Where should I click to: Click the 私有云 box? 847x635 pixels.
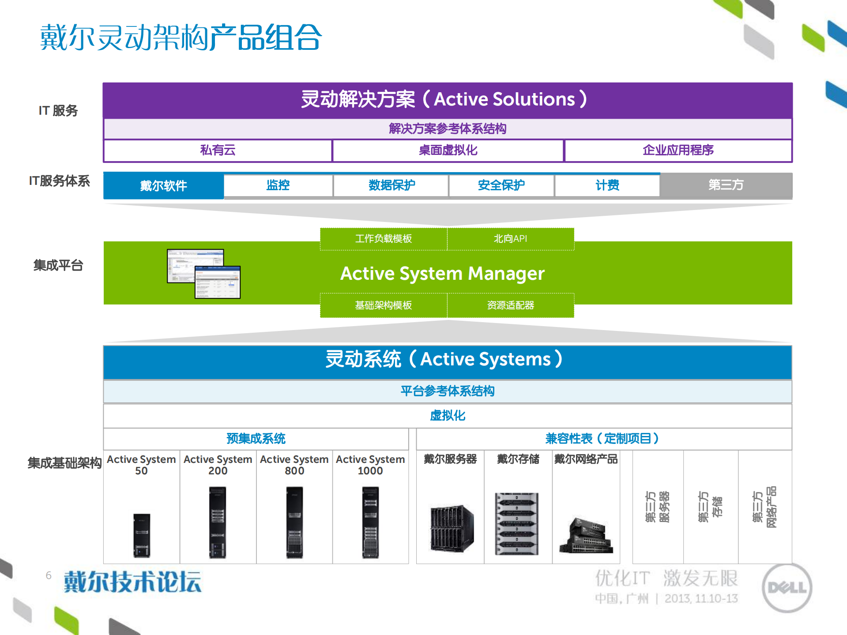tap(218, 150)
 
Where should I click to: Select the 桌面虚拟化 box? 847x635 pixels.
tap(448, 150)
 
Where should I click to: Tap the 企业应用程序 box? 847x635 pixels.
tap(678, 150)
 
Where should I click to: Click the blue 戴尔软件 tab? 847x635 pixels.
tap(163, 186)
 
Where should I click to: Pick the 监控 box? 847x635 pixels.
tap(278, 185)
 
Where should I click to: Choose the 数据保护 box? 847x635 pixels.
tap(391, 185)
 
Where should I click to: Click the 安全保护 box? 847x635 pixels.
tap(501, 185)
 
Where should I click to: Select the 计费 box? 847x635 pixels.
tap(607, 185)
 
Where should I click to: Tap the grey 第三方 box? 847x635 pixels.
tap(726, 185)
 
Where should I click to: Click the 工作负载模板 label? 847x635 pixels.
tap(383, 239)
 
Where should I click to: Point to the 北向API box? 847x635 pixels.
tap(510, 239)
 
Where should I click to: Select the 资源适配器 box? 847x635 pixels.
tap(510, 305)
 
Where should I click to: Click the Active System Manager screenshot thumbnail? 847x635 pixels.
tap(204, 274)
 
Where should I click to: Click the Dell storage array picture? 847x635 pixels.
tap(517, 523)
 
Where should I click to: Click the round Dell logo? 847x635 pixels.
tap(787, 588)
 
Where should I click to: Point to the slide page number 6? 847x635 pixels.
tap(49, 575)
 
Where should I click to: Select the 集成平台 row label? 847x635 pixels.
tap(58, 266)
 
